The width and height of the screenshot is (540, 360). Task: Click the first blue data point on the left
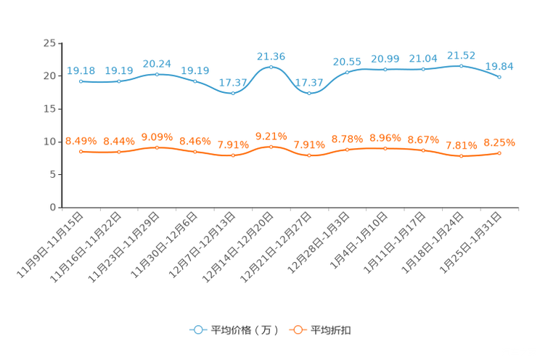pos(81,81)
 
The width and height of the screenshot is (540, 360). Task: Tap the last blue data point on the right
pos(500,76)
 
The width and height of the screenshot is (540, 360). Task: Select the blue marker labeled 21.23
pos(271,67)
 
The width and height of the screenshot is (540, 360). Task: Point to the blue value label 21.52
pos(462,54)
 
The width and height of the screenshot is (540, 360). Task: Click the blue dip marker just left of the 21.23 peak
pos(233,94)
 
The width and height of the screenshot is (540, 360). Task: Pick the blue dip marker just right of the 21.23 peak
pos(309,93)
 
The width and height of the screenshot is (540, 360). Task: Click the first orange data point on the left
pos(81,151)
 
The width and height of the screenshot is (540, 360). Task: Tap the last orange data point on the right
pos(500,153)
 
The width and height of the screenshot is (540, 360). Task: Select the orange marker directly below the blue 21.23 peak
pos(271,147)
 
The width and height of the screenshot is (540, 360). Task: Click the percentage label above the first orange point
pos(81,140)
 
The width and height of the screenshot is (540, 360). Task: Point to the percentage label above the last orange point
pos(499,142)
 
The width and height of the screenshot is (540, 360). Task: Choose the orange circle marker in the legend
pos(297,330)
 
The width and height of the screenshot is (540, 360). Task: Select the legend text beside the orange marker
pos(331,330)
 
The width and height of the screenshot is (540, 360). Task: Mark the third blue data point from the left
pos(157,74)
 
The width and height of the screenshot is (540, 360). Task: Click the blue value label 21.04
pos(423,58)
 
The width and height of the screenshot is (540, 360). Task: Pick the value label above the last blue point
pos(499,66)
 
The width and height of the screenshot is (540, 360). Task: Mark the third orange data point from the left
pos(157,147)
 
